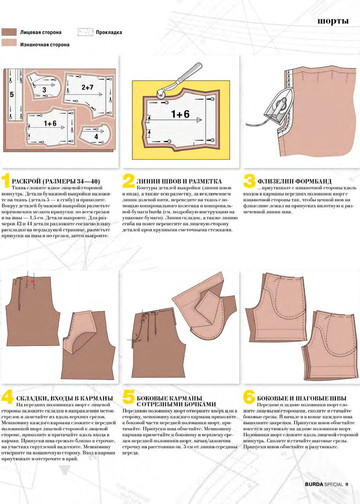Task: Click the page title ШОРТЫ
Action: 331,18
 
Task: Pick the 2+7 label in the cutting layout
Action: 87,87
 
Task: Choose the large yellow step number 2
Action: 128,182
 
